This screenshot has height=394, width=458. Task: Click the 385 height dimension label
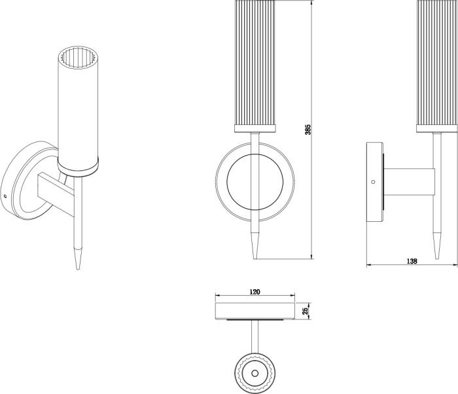(308, 130)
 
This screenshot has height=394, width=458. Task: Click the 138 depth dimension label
(412, 261)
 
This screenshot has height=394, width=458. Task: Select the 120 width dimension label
(255, 292)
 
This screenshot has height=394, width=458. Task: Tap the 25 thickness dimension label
(306, 311)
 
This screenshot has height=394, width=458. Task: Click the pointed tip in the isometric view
(78, 269)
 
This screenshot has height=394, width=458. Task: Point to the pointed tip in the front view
(255, 258)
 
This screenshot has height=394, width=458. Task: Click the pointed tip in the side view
(437, 258)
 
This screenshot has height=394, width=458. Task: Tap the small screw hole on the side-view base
(373, 182)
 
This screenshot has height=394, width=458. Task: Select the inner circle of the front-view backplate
(255, 154)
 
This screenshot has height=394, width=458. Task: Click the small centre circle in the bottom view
(255, 373)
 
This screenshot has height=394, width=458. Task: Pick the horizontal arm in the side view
(409, 182)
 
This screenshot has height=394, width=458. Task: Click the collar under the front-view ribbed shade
(255, 128)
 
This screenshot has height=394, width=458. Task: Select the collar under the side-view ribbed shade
(437, 128)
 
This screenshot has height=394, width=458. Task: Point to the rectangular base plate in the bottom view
(255, 311)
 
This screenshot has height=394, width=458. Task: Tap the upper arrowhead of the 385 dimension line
(312, 3)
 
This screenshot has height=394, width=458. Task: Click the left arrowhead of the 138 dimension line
(369, 265)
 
